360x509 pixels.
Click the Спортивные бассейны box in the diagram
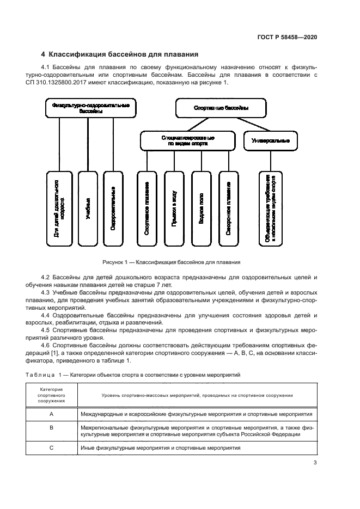pos(221,108)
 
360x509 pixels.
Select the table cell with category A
pos(51,414)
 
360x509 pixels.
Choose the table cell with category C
pos(51,447)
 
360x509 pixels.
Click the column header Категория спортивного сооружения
pos(51,395)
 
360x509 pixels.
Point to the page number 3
pos(315,463)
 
